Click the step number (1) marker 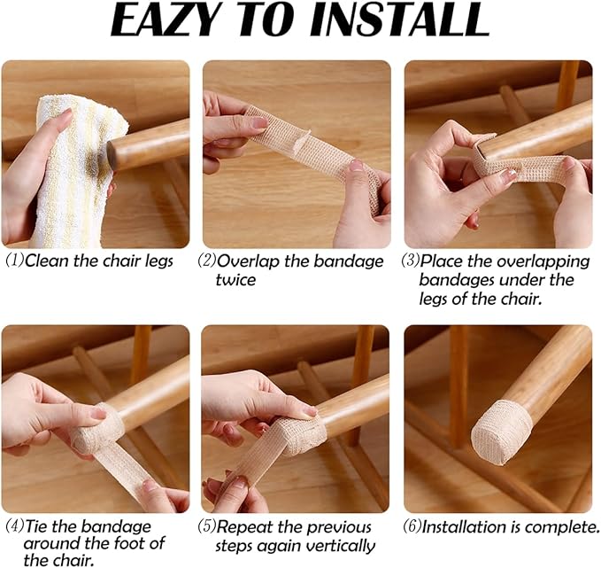(x=13, y=261)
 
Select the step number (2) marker (x=207, y=261)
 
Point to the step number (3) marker (x=410, y=261)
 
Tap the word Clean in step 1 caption (x=45, y=261)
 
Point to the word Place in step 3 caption (x=442, y=261)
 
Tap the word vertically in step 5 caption (x=340, y=546)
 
